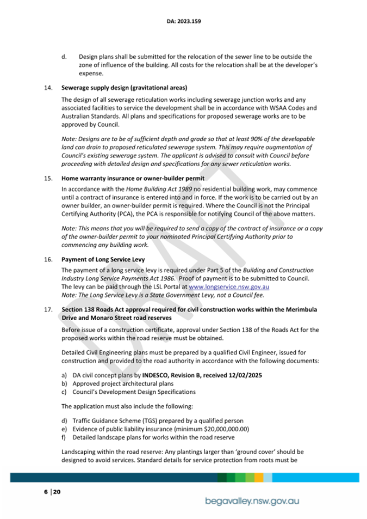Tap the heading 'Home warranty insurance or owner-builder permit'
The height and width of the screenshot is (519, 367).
click(x=133, y=178)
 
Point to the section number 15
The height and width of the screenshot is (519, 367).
click(x=47, y=178)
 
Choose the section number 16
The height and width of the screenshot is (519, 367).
click(x=47, y=260)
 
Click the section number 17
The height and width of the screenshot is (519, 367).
click(x=47, y=309)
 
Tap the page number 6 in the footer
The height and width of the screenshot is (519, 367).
click(x=46, y=492)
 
